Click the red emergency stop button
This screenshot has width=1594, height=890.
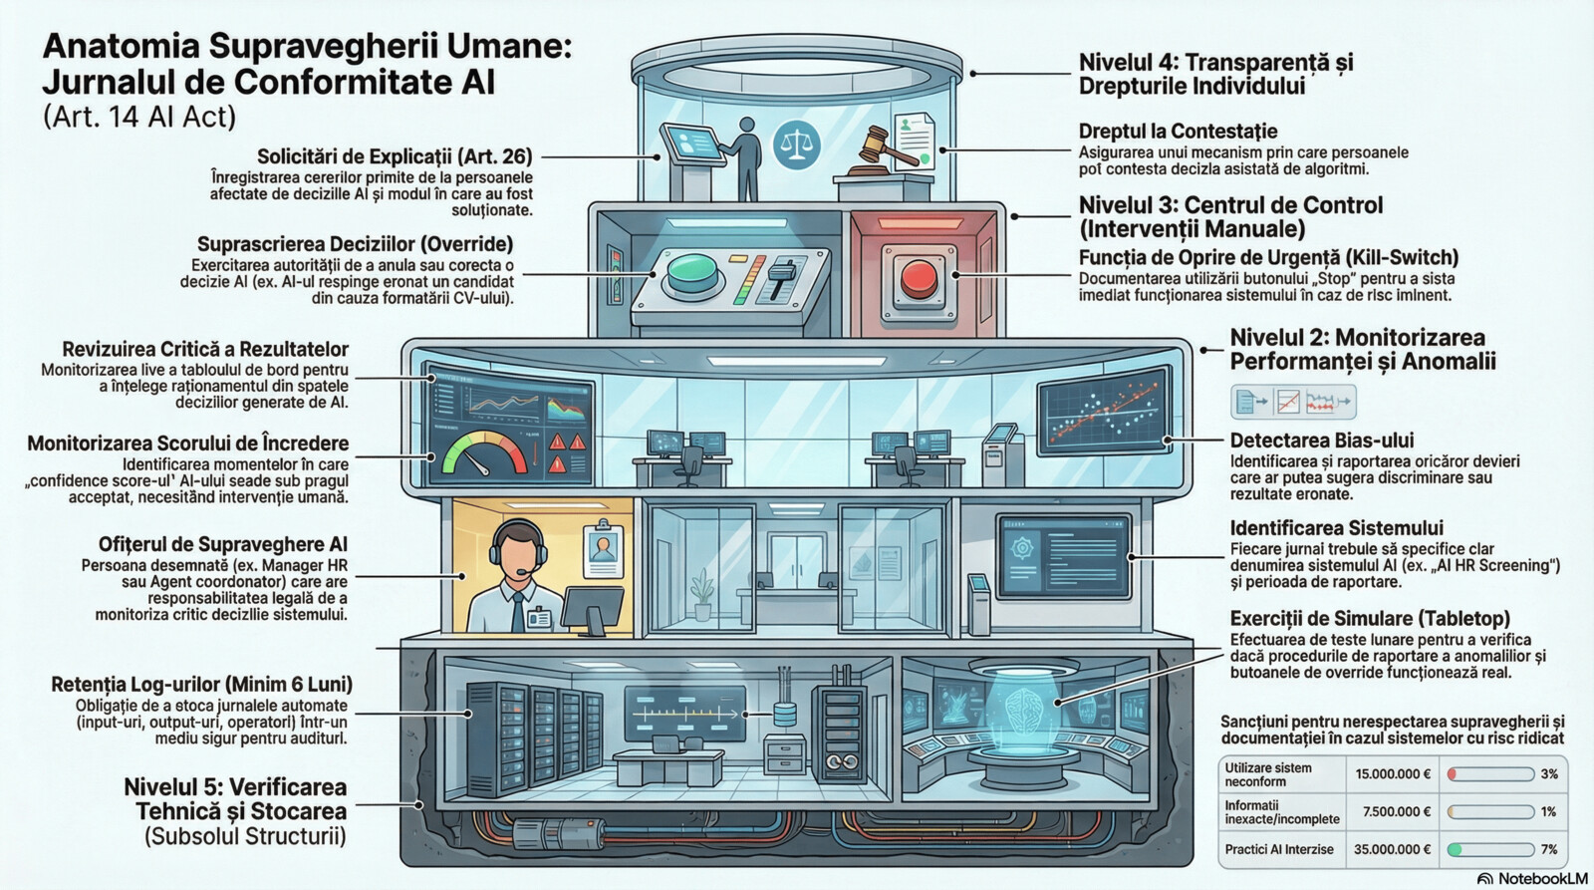click(919, 279)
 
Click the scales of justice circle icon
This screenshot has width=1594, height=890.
click(796, 145)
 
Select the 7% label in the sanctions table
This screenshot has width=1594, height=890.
click(1548, 849)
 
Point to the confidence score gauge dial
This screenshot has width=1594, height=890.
click(485, 454)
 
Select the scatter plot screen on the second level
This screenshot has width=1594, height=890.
click(1104, 410)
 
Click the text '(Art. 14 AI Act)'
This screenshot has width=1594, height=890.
click(138, 117)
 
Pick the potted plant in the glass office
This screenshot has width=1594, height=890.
click(702, 595)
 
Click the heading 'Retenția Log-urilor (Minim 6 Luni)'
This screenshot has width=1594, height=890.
click(201, 685)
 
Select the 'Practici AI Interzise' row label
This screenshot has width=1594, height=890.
click(1279, 849)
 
